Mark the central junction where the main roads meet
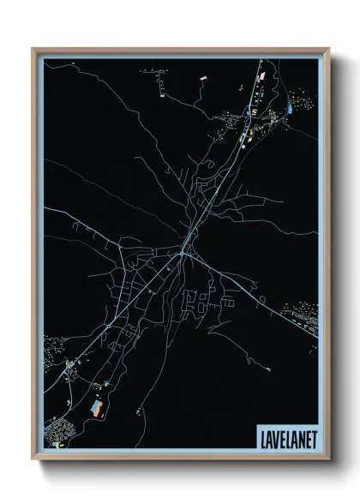[183, 252]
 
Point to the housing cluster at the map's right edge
[306, 321]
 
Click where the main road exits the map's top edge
[261, 60]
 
